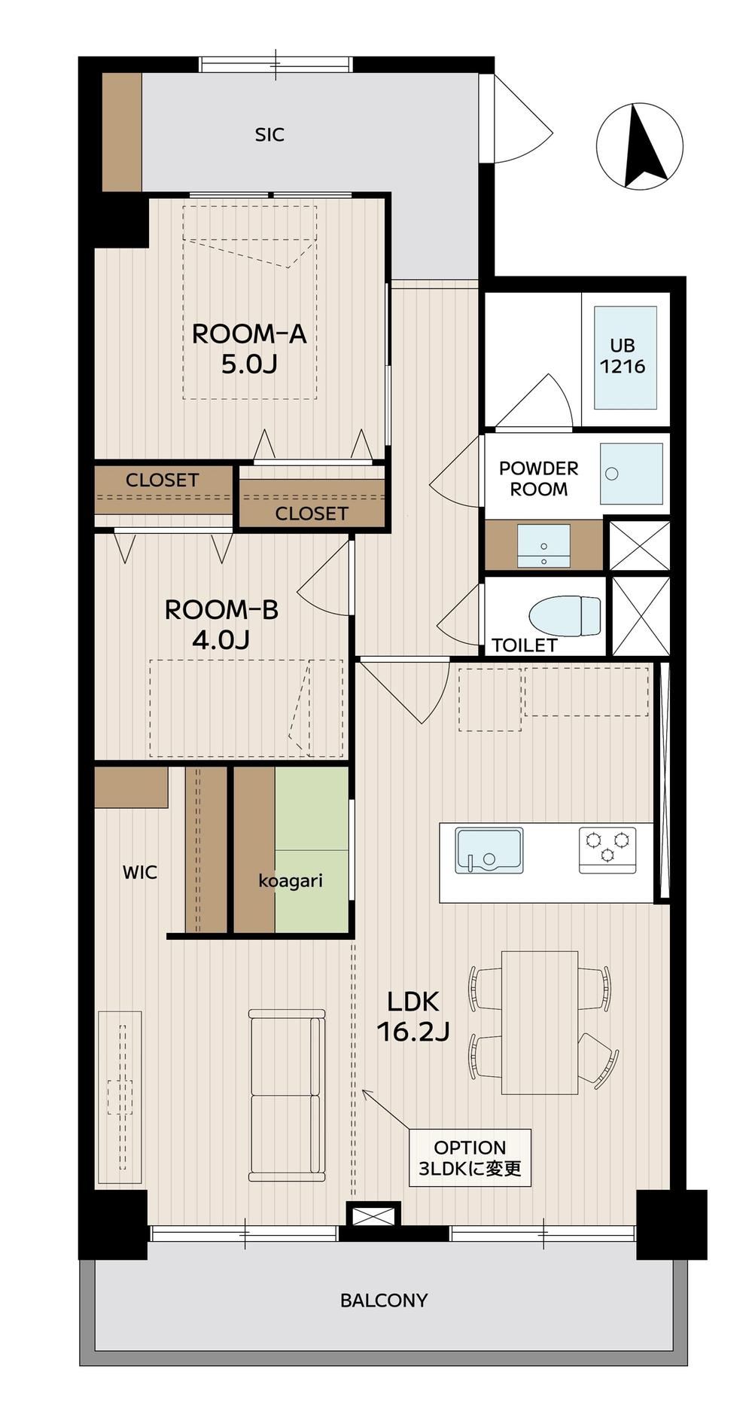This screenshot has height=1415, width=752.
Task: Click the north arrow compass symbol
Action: click(639, 146)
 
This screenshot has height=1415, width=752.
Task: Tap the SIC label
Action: click(269, 136)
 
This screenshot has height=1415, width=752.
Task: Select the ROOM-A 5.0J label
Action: click(249, 349)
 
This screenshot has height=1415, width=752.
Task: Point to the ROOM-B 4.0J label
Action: click(221, 624)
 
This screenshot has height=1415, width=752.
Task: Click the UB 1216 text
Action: click(623, 356)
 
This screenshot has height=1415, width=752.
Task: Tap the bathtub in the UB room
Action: click(625, 358)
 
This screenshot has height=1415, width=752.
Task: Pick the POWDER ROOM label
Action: click(539, 479)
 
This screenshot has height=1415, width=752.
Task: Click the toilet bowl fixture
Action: click(565, 615)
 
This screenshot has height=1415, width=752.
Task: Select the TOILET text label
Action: click(524, 645)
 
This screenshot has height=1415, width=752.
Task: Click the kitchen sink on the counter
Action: click(489, 851)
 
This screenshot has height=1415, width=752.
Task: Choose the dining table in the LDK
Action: click(540, 1022)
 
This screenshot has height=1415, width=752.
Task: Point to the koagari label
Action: click(291, 880)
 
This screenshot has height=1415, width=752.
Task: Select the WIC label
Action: click(140, 873)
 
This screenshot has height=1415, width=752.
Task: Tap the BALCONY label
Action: click(384, 1301)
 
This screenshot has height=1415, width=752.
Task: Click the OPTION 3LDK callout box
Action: click(470, 1158)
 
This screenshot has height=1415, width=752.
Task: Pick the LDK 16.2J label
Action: click(413, 1017)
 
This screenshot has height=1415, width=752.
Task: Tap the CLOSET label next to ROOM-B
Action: click(163, 480)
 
